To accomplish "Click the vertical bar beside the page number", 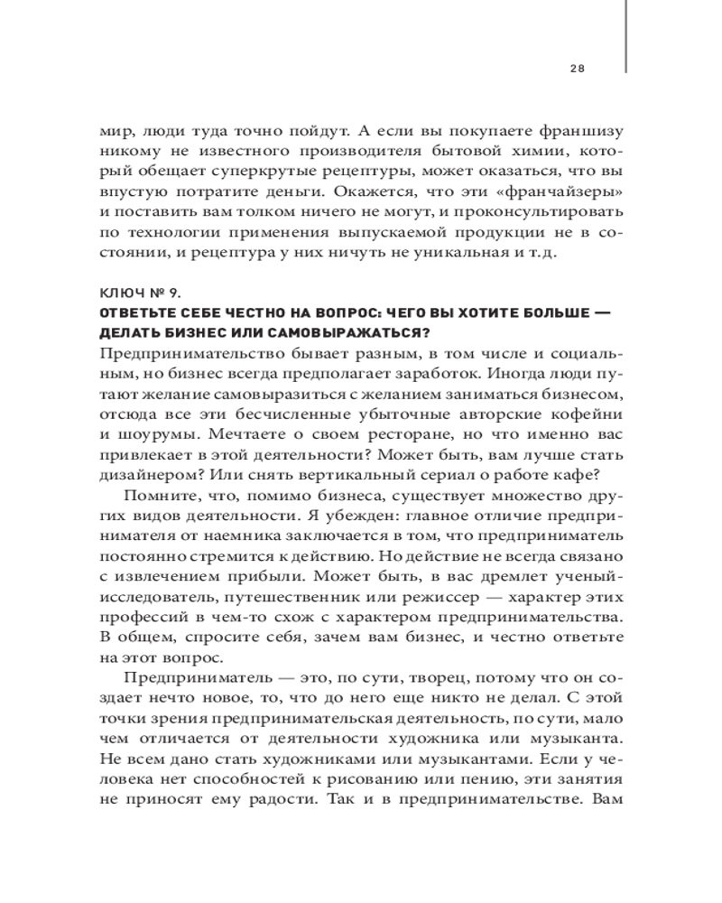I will click(625, 36).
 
